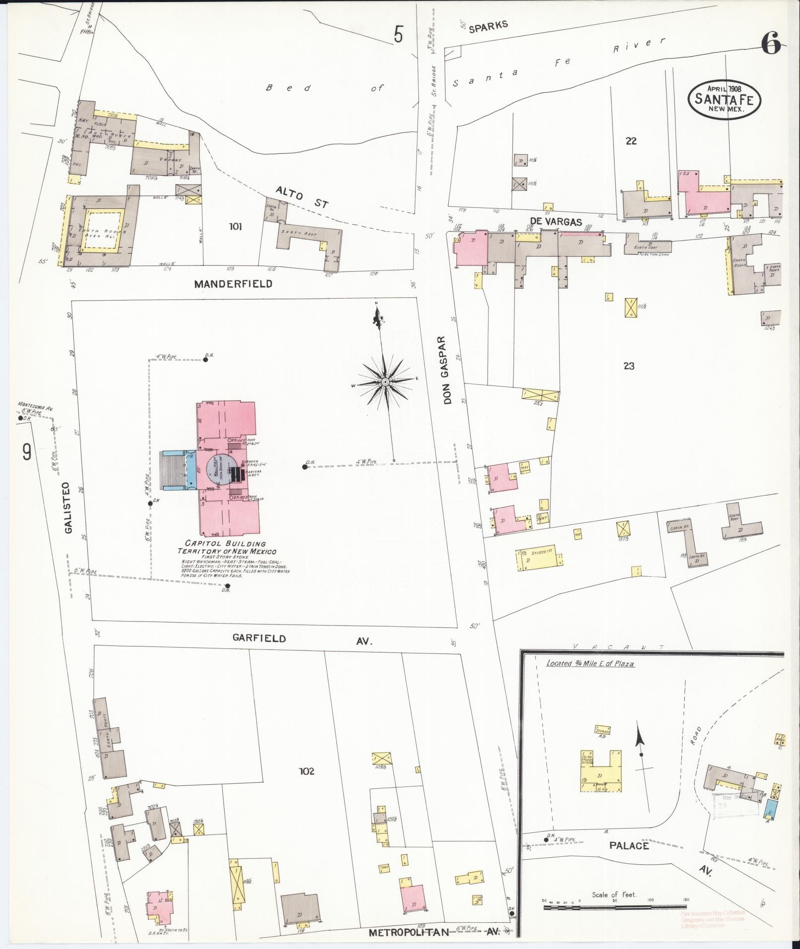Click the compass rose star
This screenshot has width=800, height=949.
click(385, 381)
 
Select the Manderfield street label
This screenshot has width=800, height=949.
click(233, 284)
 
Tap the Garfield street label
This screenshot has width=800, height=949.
click(259, 638)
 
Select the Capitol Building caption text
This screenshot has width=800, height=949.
click(227, 547)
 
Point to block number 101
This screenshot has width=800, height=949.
click(236, 227)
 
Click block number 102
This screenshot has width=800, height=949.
click(307, 771)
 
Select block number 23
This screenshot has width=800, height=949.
click(628, 366)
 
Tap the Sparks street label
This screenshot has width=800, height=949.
click(489, 26)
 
